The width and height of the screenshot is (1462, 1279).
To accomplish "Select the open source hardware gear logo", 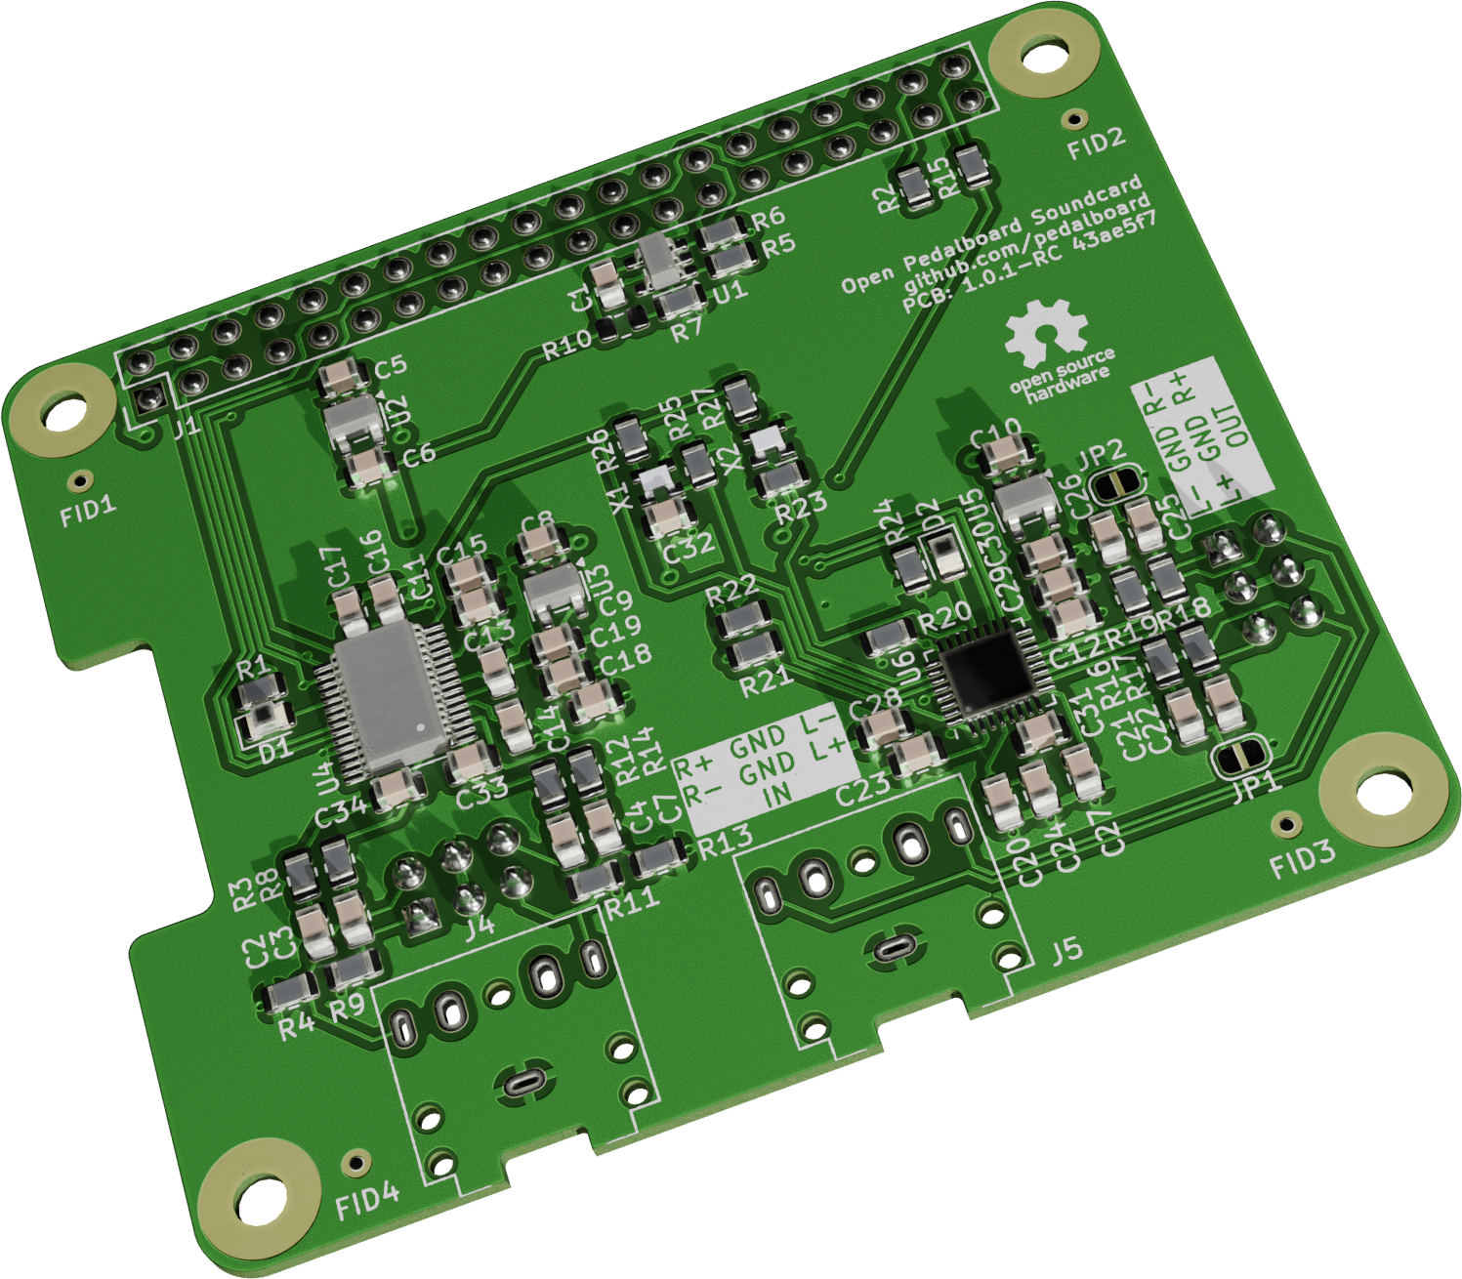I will point(1046,331).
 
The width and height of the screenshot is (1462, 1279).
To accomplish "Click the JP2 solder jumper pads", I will point(1114,482).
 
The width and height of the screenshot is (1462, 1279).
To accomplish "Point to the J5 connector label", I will point(1065,949).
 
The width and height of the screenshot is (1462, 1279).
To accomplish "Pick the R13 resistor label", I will point(725,839).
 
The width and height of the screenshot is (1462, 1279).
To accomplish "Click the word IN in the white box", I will point(777,796).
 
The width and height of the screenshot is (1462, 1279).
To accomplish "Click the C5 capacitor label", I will point(390,367).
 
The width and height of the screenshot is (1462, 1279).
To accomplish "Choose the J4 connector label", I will point(480,924).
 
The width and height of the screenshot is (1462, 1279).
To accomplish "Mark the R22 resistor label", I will point(731,589).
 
